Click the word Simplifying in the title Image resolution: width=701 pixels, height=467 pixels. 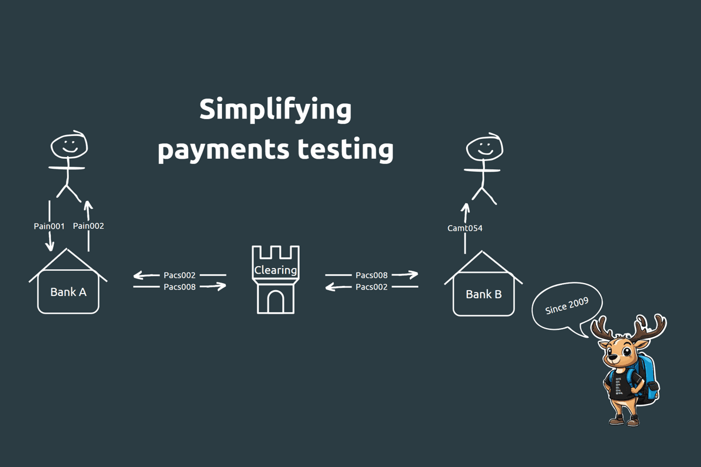(275, 110)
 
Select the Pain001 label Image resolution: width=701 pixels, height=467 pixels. (49, 226)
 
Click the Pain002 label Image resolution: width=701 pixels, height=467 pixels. (88, 226)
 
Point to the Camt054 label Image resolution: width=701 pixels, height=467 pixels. (465, 228)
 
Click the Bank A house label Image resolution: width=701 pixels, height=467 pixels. (68, 292)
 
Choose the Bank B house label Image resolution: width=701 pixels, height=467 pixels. (484, 294)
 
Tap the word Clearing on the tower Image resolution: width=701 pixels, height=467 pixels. (276, 270)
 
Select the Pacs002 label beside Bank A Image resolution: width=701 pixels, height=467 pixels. (179, 274)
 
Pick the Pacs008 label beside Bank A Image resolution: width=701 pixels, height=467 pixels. (179, 287)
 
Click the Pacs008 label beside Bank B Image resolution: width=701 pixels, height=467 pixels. (372, 274)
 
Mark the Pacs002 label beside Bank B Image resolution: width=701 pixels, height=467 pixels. (372, 287)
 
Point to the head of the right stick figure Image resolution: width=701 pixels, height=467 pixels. (484, 148)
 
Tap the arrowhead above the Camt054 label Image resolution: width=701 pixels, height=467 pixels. (466, 208)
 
